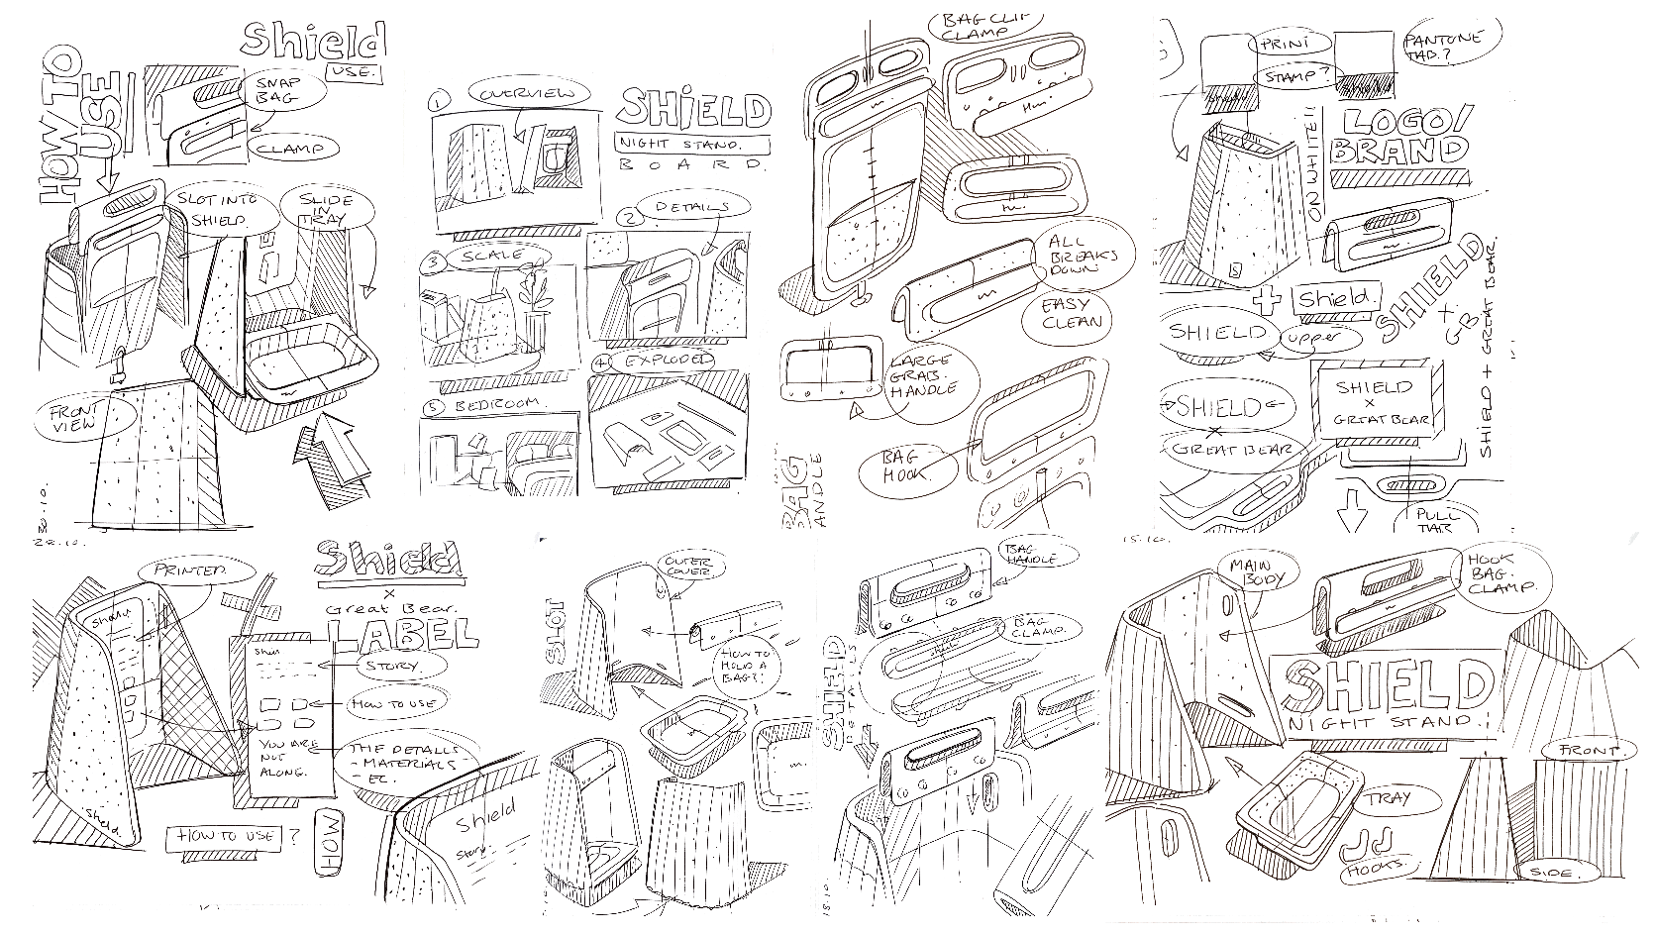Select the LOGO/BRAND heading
[x=1398, y=139]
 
